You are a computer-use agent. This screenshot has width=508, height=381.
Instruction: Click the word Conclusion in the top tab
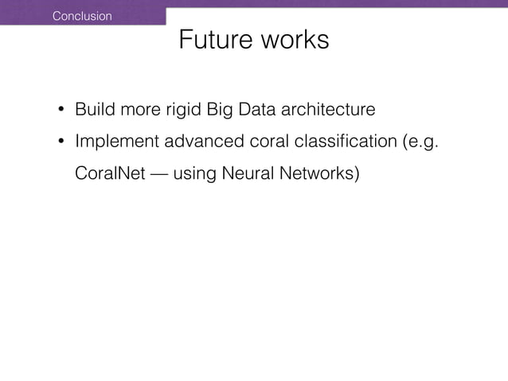pyautogui.click(x=82, y=16)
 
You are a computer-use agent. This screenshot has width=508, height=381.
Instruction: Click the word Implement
pyautogui.click(x=116, y=142)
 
